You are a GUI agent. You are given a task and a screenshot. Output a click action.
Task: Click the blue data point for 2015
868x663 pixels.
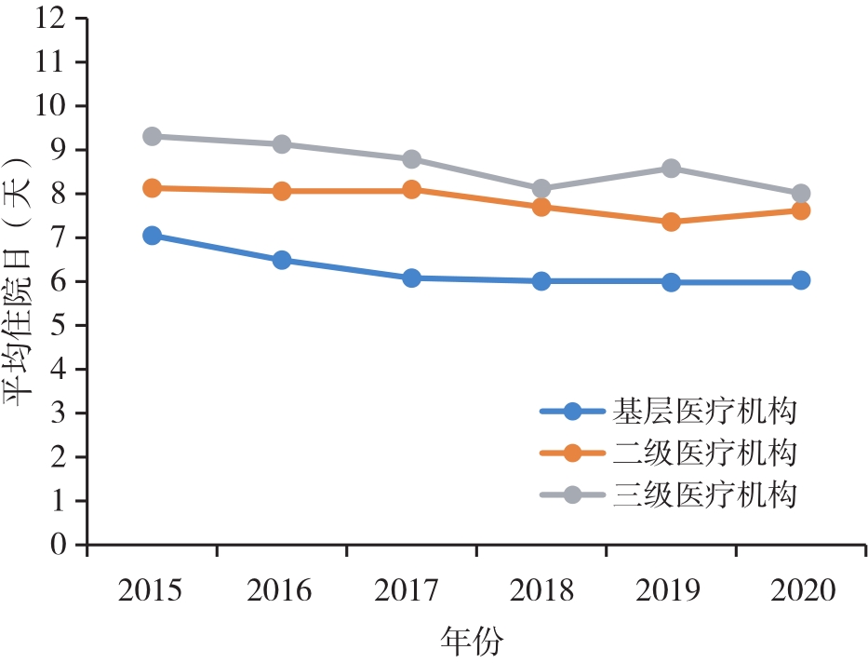pos(152,236)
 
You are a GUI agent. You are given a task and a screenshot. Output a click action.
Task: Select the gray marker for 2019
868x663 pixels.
pos(671,169)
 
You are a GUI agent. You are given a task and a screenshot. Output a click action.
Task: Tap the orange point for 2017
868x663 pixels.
pos(411,190)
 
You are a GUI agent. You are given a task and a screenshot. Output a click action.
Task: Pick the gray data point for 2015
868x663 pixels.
pos(152,136)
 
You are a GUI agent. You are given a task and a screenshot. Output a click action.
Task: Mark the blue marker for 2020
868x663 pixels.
pos(800,280)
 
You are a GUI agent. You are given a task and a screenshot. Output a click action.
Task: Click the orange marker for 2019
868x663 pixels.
pos(671,222)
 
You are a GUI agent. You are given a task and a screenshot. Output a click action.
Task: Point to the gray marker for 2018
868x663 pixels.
pos(541,189)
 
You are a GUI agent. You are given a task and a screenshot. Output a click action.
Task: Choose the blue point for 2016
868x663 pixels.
pos(282,260)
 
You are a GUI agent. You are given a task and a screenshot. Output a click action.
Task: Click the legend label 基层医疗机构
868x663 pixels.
pos(705,411)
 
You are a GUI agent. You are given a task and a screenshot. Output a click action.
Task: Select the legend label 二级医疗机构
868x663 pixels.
pos(705,453)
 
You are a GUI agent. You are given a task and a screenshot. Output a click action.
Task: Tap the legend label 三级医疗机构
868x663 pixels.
pos(705,494)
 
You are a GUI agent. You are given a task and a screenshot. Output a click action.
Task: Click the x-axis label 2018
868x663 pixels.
pos(541,591)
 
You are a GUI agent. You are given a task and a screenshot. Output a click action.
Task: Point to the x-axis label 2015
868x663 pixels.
pos(152,591)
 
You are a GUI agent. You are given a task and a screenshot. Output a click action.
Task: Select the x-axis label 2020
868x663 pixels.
pos(800,591)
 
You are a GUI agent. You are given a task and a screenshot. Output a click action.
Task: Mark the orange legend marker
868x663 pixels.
pos(572,453)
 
